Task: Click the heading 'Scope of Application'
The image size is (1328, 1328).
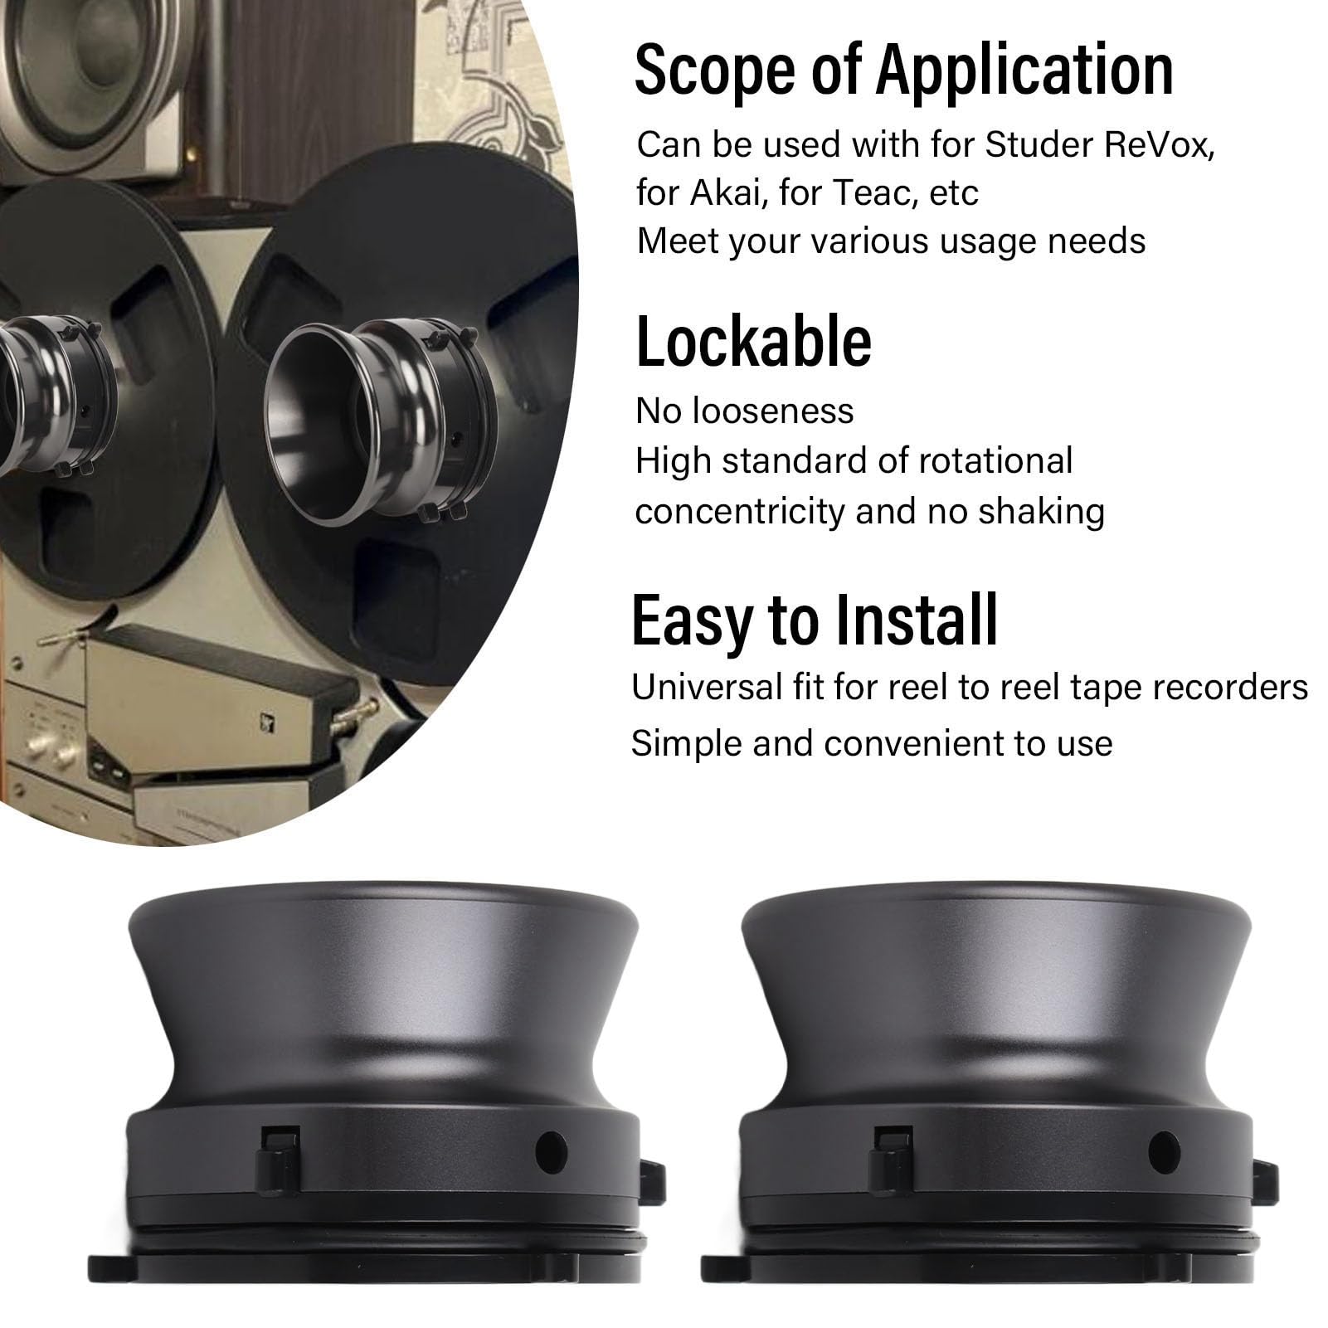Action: [903, 71]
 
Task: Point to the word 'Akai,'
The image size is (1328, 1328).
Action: [728, 193]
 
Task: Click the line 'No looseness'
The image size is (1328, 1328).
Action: [744, 411]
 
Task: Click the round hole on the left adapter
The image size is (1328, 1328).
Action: [551, 1152]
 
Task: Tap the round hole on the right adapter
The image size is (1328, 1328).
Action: [1164, 1152]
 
